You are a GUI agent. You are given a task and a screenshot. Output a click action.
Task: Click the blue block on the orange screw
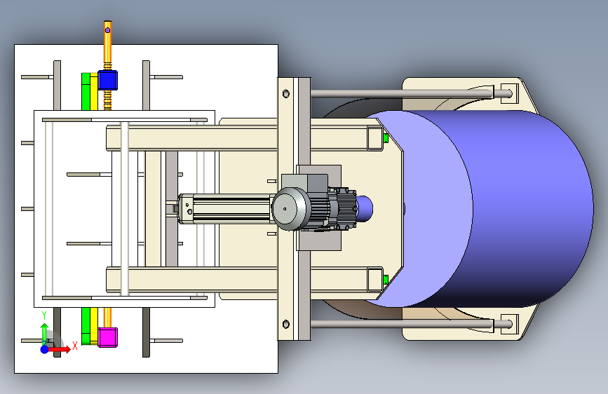click(x=107, y=81)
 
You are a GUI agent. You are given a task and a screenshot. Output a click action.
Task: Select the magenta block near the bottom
click(x=107, y=337)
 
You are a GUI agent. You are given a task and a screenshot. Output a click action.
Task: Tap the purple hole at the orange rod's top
click(x=107, y=30)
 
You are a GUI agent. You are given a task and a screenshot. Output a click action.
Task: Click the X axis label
click(x=75, y=346)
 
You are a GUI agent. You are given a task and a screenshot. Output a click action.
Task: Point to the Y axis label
click(x=44, y=315)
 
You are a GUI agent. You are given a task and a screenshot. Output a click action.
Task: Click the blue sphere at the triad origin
click(x=45, y=349)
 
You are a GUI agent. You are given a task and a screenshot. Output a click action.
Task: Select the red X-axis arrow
click(x=59, y=349)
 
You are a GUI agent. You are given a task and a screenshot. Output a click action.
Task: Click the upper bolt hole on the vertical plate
click(x=286, y=93)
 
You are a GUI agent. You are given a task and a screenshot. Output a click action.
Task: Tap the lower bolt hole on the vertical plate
click(x=286, y=324)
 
